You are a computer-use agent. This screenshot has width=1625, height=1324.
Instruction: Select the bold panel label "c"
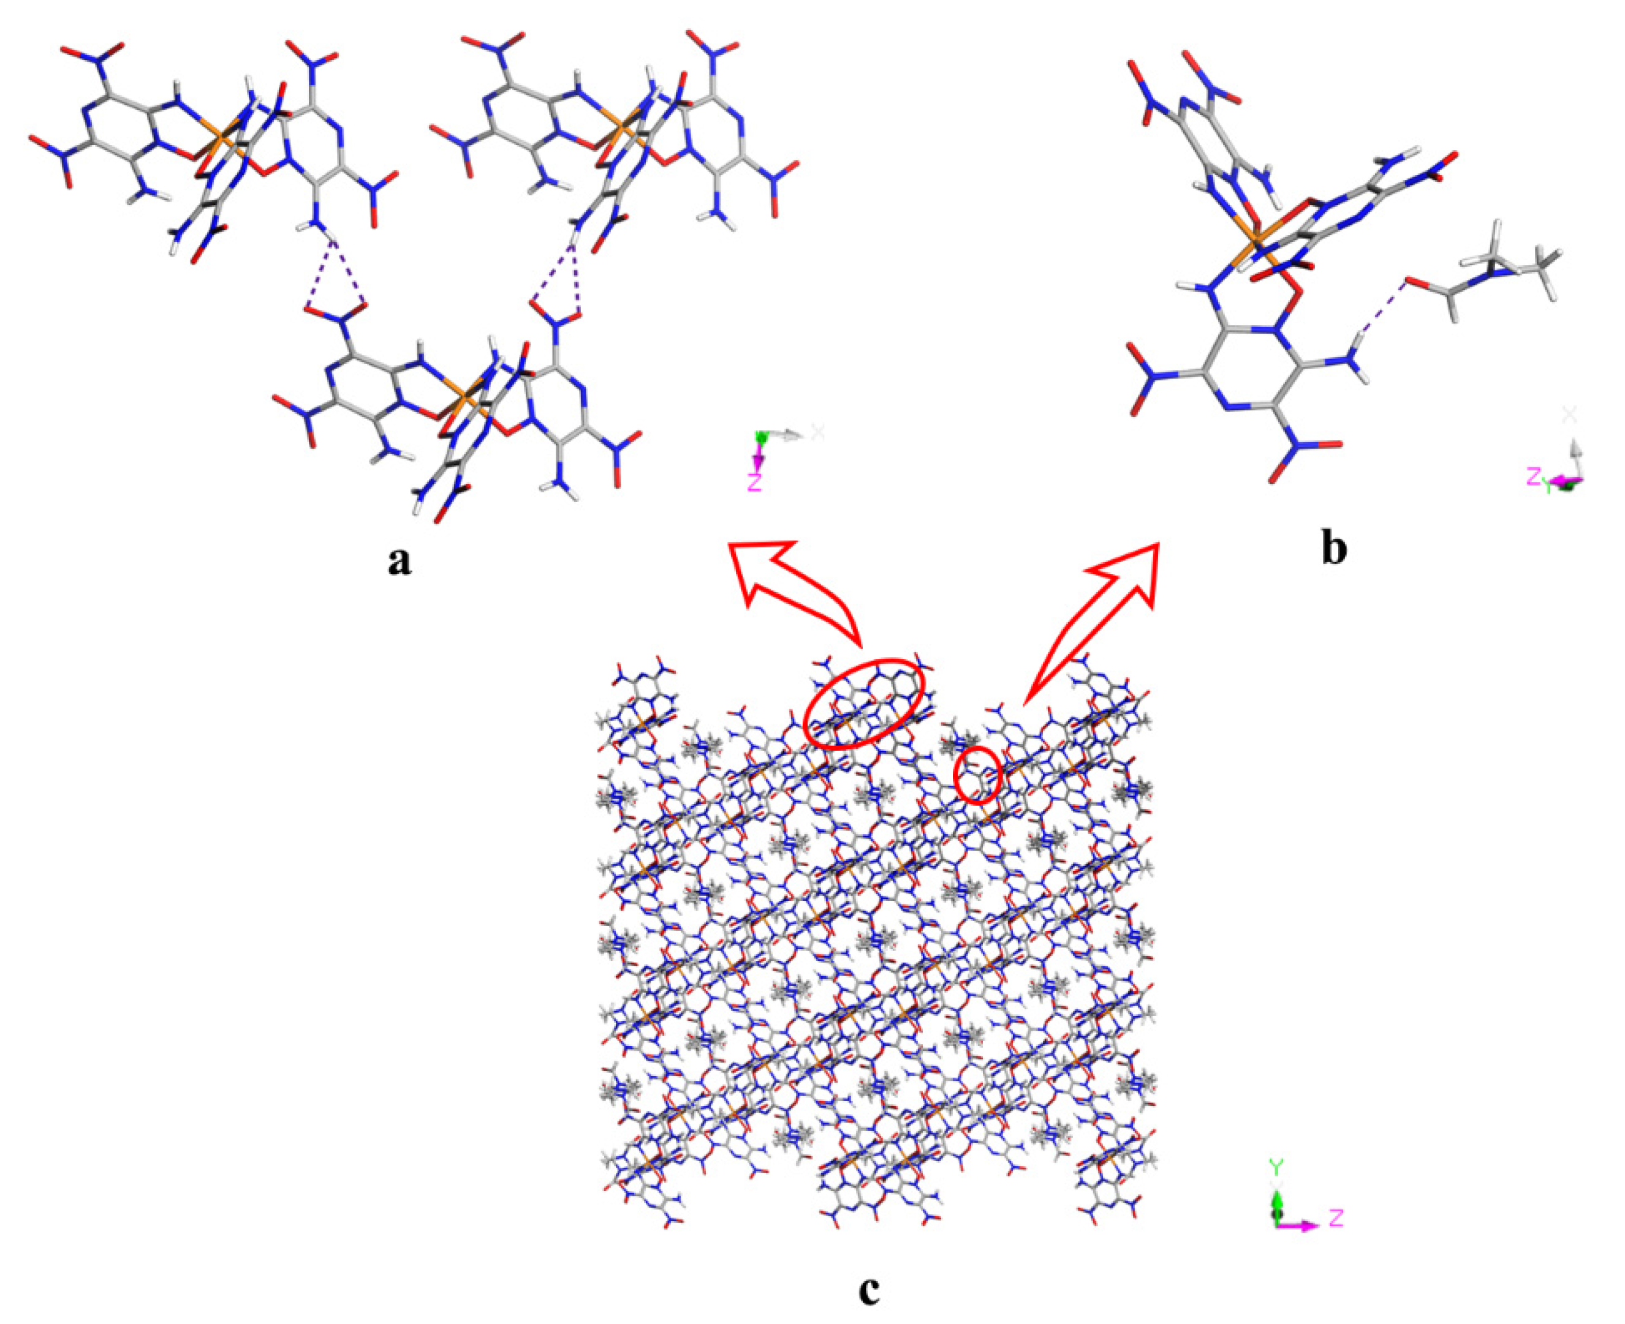tap(868, 1290)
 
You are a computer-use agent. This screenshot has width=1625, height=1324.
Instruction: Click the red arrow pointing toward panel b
tap(1099, 610)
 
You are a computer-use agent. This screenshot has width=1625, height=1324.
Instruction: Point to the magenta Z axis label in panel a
tap(754, 481)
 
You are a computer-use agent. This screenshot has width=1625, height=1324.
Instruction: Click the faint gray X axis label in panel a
tap(818, 432)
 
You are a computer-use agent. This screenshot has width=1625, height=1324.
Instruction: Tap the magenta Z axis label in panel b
tap(1534, 476)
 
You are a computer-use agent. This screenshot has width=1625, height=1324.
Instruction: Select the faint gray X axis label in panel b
tap(1569, 415)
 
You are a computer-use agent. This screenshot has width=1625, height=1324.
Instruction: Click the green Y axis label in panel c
tap(1276, 1166)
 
